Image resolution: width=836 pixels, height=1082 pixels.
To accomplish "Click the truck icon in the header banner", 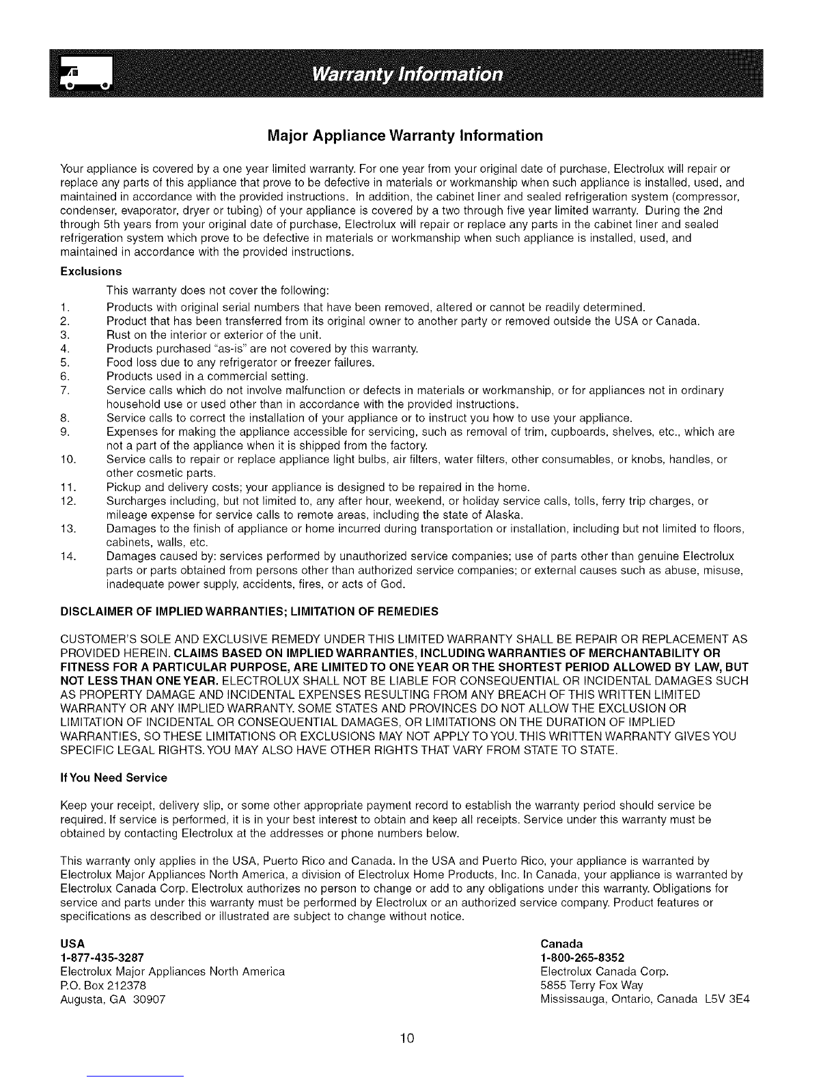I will [x=87, y=74].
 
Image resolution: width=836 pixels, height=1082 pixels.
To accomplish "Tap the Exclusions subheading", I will [x=91, y=271].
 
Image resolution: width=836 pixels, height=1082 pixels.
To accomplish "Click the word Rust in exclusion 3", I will [x=118, y=334].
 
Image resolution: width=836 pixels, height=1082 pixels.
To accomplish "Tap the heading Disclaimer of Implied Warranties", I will [x=249, y=610].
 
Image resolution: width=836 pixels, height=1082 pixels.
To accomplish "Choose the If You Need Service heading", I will [x=113, y=777].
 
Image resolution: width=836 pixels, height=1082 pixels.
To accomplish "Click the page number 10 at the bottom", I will [x=408, y=1039].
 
